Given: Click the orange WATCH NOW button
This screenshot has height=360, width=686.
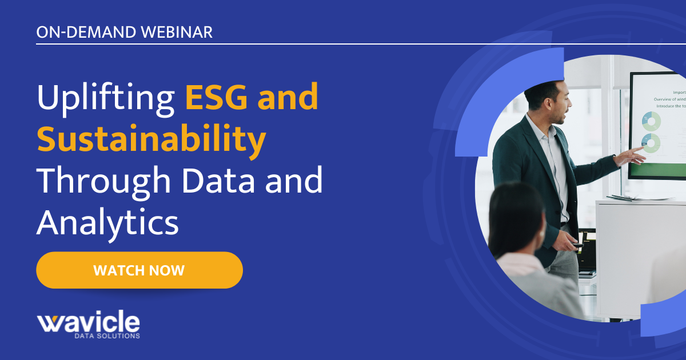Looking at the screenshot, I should click(x=139, y=270).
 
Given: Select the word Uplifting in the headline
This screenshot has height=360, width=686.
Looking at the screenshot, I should click(x=106, y=98).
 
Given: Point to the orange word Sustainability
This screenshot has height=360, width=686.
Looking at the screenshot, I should click(x=151, y=139).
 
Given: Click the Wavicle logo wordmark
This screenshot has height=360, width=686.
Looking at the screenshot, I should click(x=89, y=322).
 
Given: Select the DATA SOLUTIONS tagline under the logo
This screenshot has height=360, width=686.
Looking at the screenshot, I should click(x=107, y=336).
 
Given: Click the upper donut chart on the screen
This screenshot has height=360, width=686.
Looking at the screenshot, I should click(x=651, y=121).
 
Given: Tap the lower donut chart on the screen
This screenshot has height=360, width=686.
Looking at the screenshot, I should click(x=651, y=142).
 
